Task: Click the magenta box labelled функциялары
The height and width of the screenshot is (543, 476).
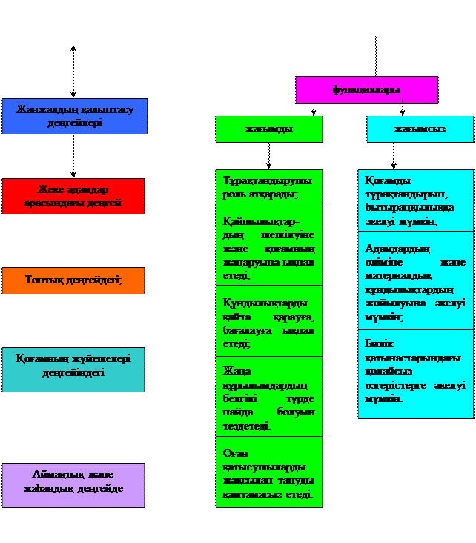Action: [x=366, y=90]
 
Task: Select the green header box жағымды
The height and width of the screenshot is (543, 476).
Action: [x=268, y=129]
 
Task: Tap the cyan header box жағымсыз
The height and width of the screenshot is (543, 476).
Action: [x=420, y=129]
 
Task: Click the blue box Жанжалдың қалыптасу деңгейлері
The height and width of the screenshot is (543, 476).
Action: [x=74, y=116]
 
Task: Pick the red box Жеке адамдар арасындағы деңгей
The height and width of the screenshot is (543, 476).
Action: [x=73, y=196]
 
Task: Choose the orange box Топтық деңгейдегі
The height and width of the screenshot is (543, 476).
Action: [x=73, y=280]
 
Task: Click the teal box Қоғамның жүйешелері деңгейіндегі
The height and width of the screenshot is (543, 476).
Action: [x=73, y=369]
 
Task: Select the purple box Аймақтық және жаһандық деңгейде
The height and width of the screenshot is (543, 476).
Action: [x=73, y=485]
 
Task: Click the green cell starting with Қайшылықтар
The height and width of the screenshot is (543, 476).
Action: [x=268, y=245]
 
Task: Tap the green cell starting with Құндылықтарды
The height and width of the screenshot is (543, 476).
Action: [x=268, y=320]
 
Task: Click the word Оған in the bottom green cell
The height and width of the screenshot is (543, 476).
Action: [x=236, y=452]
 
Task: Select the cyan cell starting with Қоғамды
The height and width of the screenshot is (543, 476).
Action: [x=415, y=200]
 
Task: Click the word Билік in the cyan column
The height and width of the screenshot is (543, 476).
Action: [x=379, y=343]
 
